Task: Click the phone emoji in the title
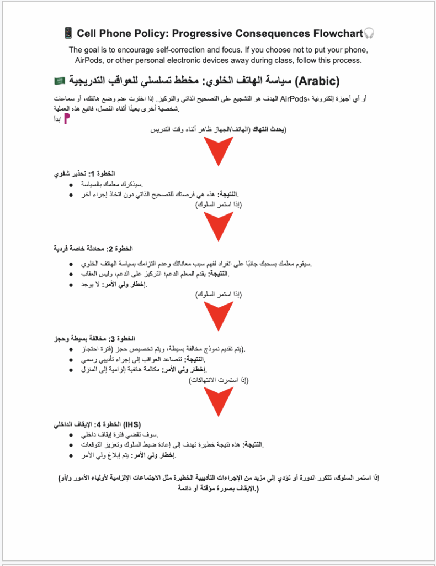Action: click(x=69, y=34)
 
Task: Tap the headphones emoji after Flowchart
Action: click(x=369, y=34)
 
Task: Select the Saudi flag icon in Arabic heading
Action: click(x=60, y=81)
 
